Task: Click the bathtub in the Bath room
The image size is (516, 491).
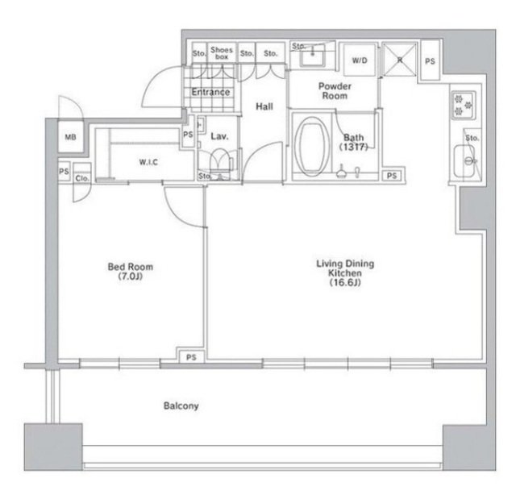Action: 311,147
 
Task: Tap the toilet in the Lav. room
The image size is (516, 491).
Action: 220,161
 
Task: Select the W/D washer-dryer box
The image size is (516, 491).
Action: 360,60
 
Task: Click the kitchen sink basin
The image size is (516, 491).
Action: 464,161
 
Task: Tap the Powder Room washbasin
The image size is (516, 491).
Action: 313,56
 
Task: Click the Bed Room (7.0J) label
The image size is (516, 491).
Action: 131,271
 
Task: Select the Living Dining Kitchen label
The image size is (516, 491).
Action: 345,273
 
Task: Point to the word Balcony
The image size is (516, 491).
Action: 181,406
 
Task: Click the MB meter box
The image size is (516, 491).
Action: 70,136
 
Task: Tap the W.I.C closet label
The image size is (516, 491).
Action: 148,162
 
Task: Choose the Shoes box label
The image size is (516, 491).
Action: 222,53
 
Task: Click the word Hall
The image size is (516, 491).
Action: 264,106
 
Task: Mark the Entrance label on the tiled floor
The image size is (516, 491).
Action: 210,92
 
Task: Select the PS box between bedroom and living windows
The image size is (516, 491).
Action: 191,357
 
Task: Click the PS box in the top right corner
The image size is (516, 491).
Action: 430,61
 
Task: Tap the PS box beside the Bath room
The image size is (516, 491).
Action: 392,176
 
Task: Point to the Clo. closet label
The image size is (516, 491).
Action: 82,178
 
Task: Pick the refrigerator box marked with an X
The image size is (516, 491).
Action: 400,60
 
